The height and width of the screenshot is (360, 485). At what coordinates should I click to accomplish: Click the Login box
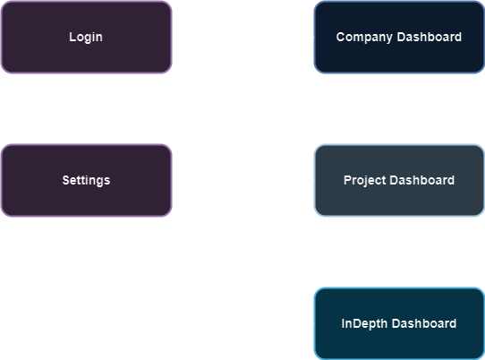pos(86,37)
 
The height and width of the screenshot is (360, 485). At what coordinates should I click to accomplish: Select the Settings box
pos(86,180)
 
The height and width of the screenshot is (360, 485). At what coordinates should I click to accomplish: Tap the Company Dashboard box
pos(398,37)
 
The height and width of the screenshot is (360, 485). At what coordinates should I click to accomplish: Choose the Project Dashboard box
pos(398,180)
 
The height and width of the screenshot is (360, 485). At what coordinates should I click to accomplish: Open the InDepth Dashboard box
pos(398,323)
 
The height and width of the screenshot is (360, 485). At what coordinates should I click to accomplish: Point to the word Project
pos(365,180)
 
